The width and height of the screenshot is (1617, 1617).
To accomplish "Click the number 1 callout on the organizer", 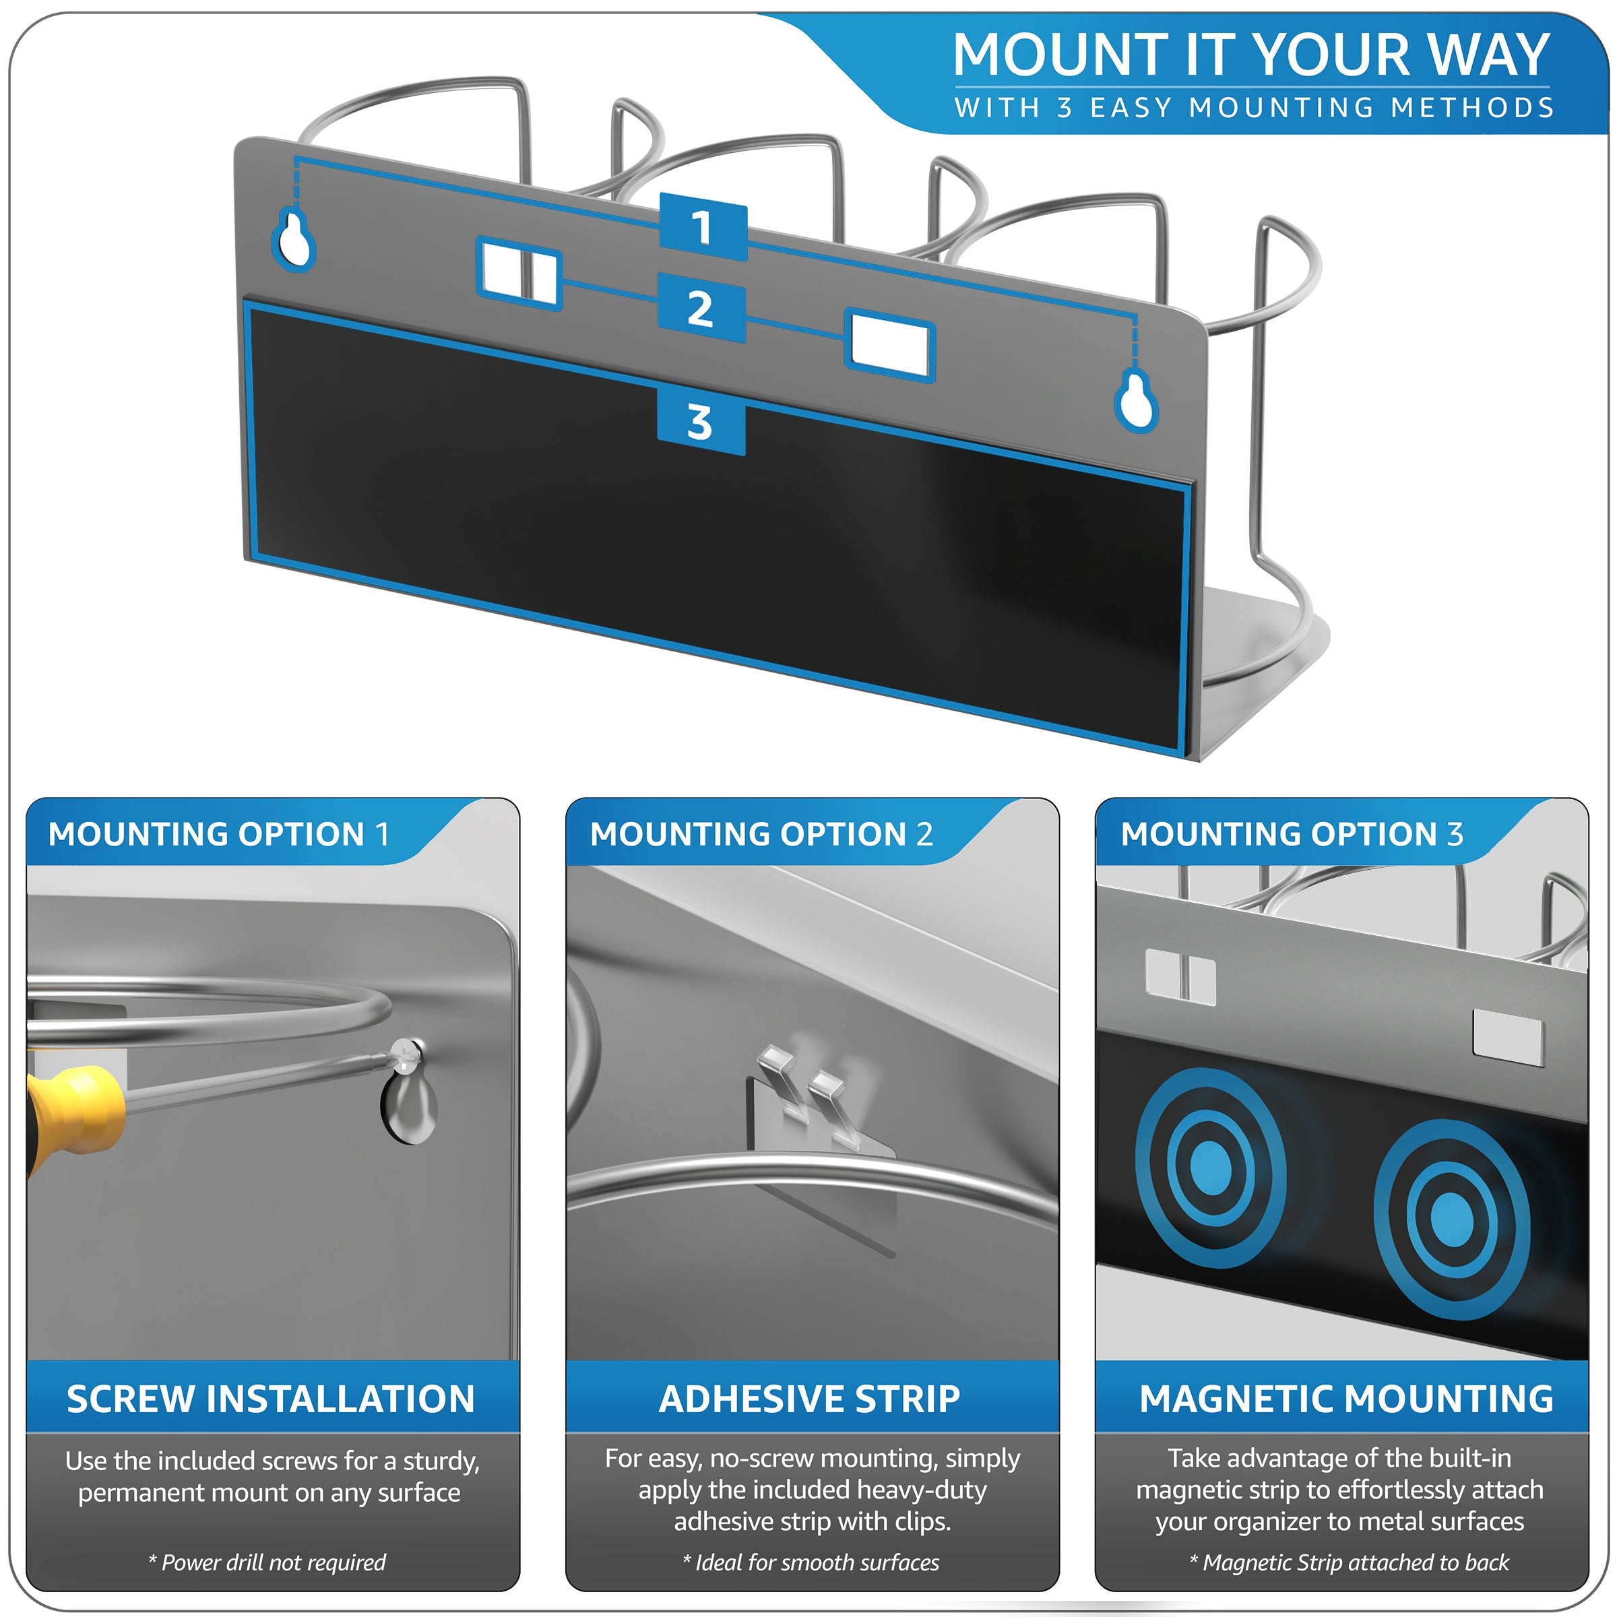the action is coord(703,227).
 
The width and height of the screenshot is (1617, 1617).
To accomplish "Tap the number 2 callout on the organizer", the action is coord(701,308).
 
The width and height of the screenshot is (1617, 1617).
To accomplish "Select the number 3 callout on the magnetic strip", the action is coord(701,422).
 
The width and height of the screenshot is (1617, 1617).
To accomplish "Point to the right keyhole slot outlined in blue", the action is coord(1137,401).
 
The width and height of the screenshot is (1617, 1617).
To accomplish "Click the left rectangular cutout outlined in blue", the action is coord(519,274).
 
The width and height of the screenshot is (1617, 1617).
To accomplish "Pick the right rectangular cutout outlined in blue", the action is coord(889,346).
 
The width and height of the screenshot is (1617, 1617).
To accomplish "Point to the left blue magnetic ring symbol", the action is coord(1209,1166).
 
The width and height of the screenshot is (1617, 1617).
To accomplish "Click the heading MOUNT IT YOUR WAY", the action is coord(1251,55).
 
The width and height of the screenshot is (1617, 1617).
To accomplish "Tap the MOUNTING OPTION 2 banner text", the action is coord(761,835).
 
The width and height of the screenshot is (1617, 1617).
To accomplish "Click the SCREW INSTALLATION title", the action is coord(270,1399).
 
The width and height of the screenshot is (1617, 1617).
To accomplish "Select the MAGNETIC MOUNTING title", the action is coord(1346,1399).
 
